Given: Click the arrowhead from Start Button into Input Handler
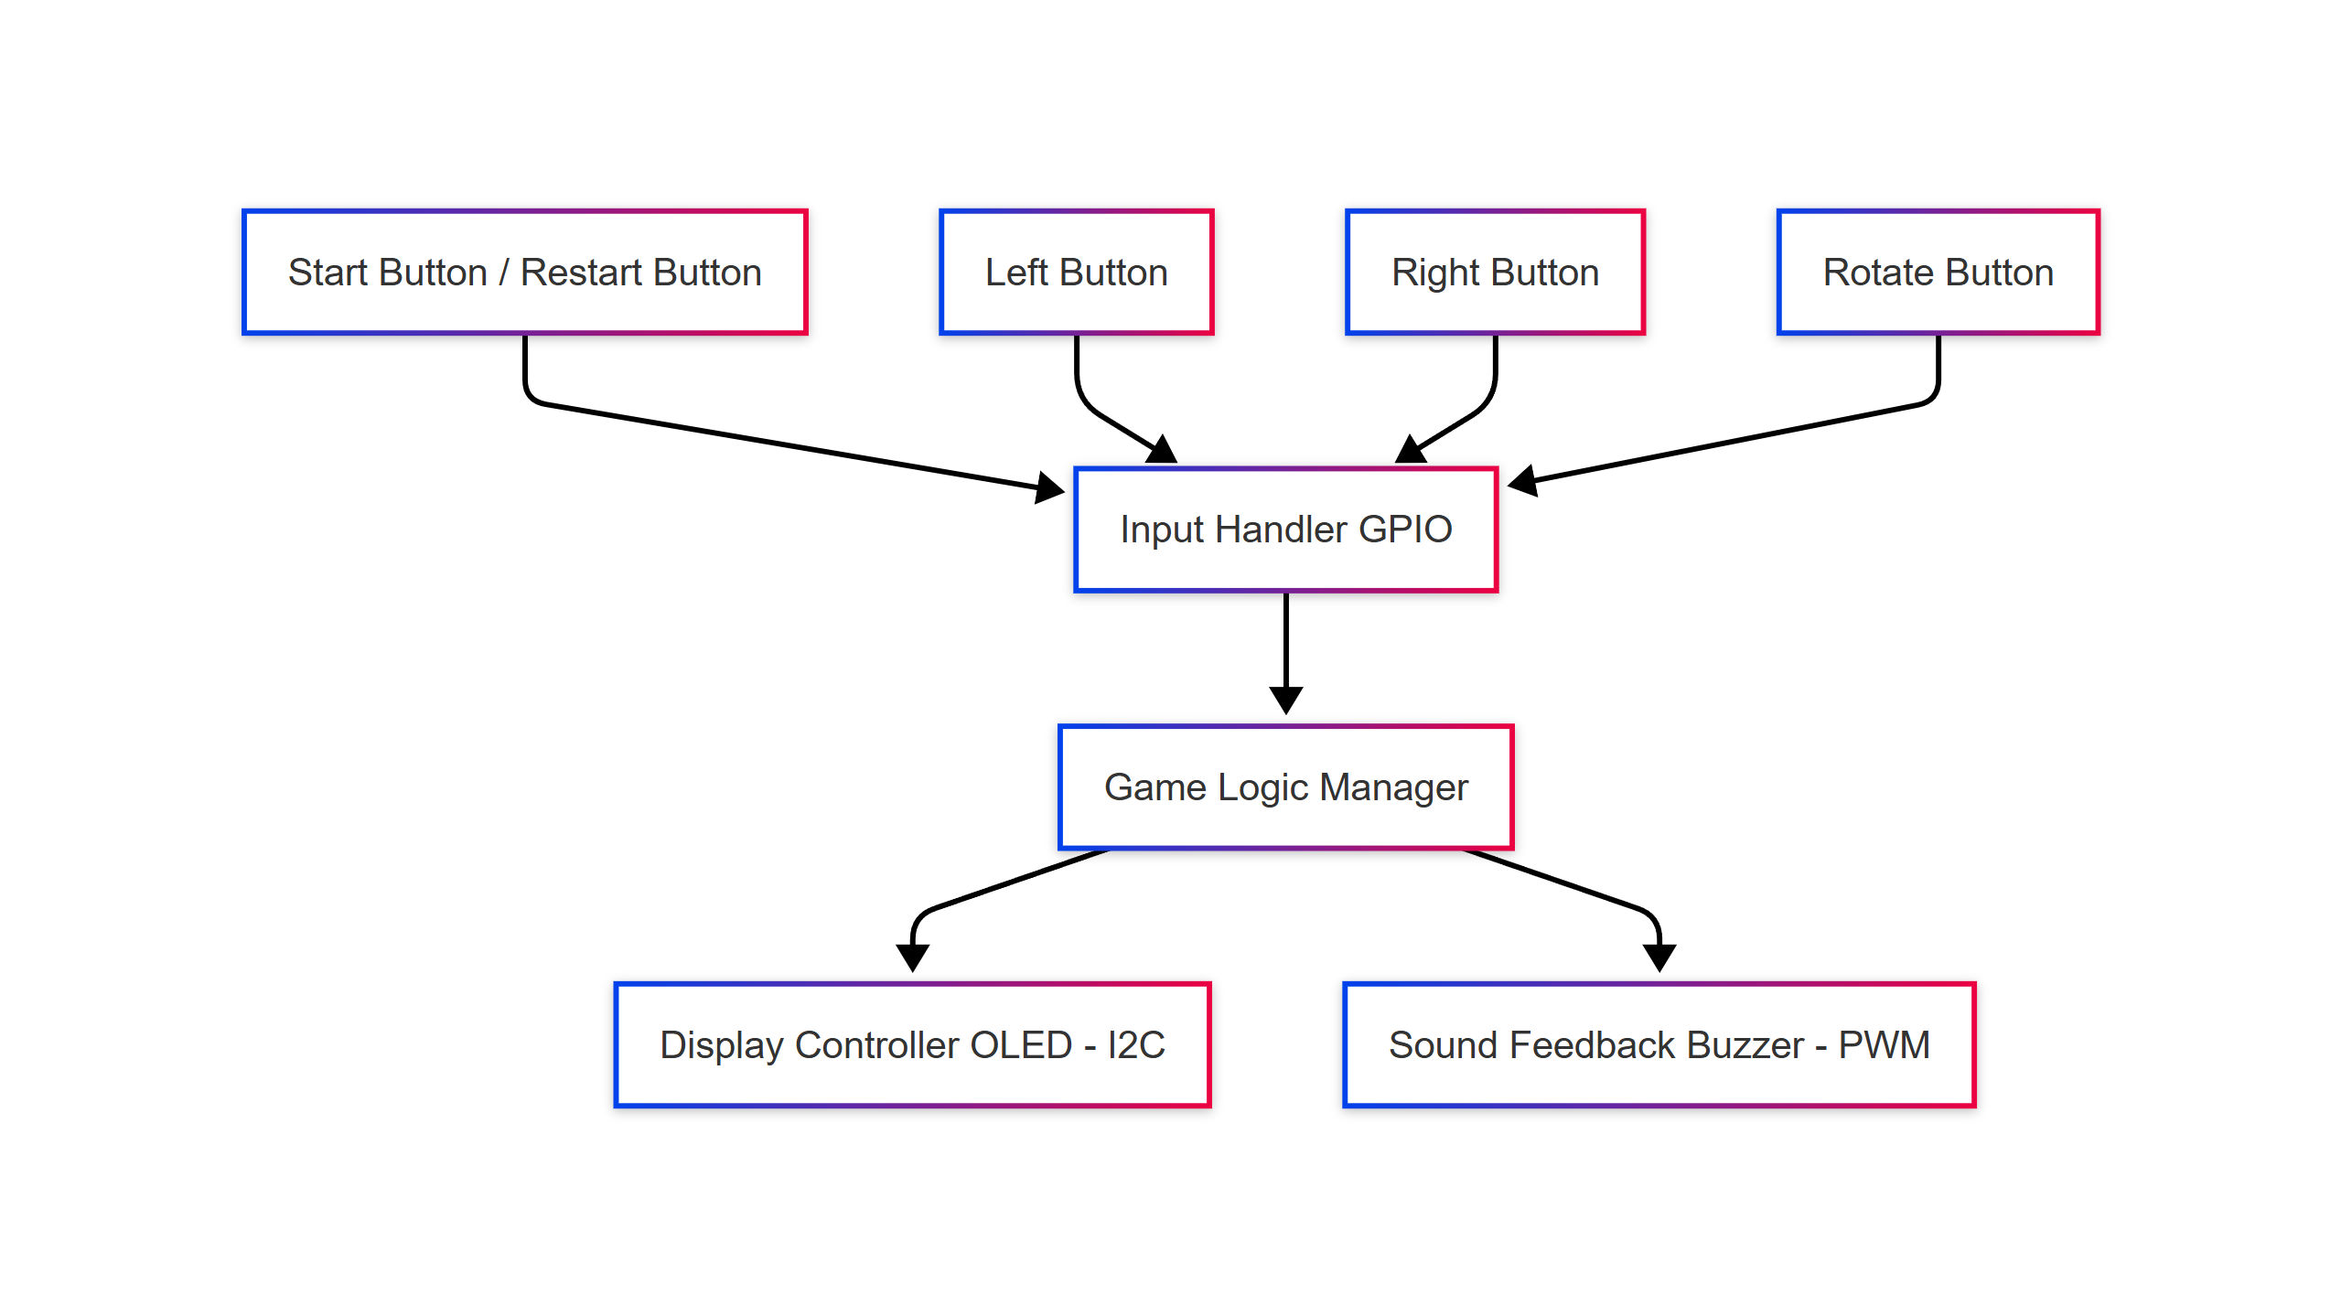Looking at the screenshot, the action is click(x=1049, y=487).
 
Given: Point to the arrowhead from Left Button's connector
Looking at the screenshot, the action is click(x=1162, y=449).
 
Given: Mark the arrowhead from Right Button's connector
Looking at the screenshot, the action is click(x=1411, y=449).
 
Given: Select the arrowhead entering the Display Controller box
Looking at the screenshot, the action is click(x=912, y=958).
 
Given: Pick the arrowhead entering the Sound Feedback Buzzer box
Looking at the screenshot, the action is click(x=1659, y=958).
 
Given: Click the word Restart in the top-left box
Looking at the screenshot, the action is click(x=582, y=273).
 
